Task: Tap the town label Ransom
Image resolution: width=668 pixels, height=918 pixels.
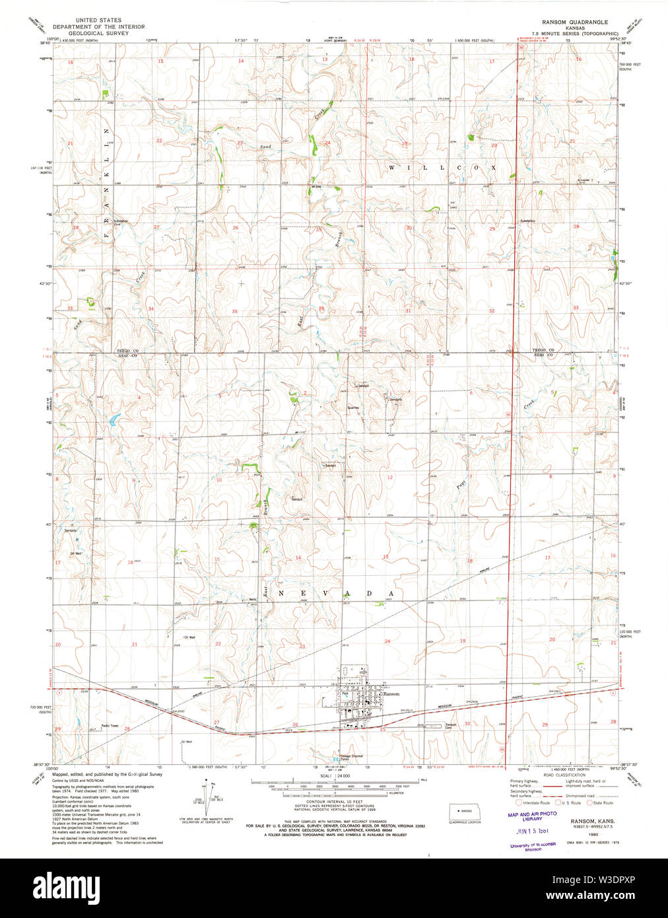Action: coord(392,694)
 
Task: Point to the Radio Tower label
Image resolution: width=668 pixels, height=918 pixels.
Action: coord(110,726)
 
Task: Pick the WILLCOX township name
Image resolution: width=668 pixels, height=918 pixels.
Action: coord(442,168)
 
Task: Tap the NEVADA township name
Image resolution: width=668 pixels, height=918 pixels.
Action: coord(337,593)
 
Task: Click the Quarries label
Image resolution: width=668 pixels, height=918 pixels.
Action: coord(353,407)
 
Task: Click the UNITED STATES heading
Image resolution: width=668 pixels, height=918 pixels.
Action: coord(98,20)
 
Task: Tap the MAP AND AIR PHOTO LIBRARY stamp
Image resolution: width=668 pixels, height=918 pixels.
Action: coord(532,816)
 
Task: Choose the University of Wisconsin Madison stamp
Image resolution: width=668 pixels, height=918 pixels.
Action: coord(533,847)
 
